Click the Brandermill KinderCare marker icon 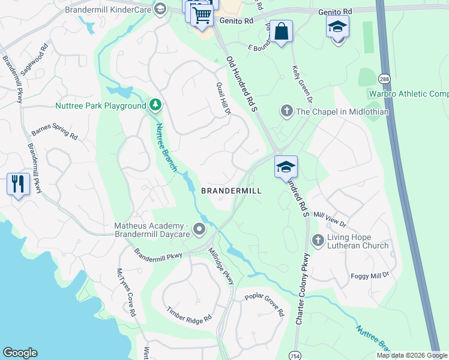click(x=160, y=9)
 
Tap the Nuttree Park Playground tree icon click(x=155, y=106)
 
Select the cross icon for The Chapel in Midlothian click(x=286, y=112)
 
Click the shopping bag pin click(x=281, y=31)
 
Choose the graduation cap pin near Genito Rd click(x=337, y=26)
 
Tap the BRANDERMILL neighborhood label click(x=231, y=190)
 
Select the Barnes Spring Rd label click(x=55, y=131)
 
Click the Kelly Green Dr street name click(x=302, y=81)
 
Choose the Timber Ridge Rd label click(x=190, y=314)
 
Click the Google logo click(x=20, y=353)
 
